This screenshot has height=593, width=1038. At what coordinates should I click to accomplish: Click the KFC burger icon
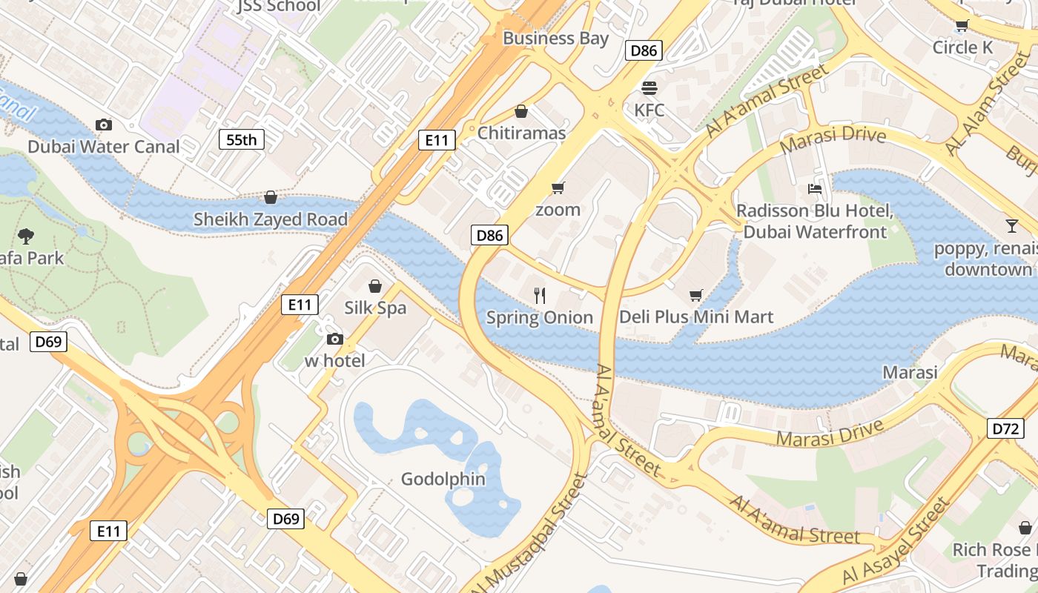point(649,88)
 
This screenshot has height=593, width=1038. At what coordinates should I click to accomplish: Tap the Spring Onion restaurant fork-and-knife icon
point(540,296)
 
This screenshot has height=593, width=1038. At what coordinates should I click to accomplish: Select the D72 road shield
point(1005,428)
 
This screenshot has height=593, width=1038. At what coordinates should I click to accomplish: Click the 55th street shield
point(242,139)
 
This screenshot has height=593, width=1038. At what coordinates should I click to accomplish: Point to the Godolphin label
point(443,479)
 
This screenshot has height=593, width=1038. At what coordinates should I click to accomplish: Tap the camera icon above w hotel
point(335,339)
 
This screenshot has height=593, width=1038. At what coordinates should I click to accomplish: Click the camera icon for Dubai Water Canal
point(104,125)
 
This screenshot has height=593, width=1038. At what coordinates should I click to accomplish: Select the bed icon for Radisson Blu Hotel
point(815,189)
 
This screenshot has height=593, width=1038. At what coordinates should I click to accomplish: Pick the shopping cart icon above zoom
point(558,188)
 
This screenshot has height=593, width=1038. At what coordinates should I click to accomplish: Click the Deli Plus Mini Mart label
point(696,317)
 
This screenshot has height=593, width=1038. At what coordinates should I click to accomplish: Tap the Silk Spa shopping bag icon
point(375,285)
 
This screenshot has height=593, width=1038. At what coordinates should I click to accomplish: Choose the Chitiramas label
point(521,133)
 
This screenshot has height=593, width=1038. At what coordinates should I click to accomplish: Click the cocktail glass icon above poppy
point(1012,225)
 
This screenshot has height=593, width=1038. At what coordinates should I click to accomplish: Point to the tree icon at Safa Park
point(26,236)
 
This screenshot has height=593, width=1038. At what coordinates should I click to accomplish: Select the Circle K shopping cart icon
point(962,26)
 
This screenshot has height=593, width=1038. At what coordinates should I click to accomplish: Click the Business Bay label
point(555,39)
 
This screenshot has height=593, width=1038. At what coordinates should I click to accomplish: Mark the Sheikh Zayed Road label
point(270,219)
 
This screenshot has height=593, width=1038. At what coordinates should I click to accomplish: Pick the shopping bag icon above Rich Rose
point(1025,528)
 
